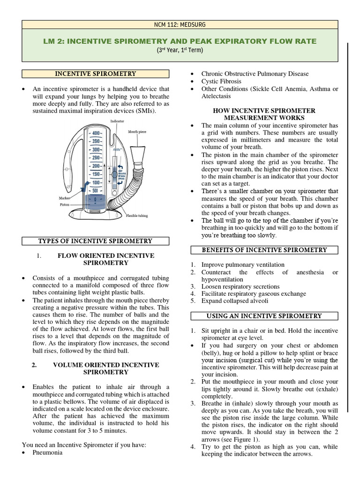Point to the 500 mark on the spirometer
pos(95,191)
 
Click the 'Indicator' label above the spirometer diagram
pos(117,121)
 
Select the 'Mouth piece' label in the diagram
pos(137,132)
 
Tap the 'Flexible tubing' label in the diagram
pos(136,216)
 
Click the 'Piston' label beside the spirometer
pos(65,204)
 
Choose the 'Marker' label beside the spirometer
pos(65,198)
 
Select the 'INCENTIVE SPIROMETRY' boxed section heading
pos(96,74)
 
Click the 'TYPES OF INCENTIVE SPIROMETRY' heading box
pos(95,241)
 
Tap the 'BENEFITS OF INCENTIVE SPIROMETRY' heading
pos(264,250)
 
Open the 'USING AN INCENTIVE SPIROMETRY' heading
pos(264,316)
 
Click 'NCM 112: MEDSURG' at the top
pos(180,25)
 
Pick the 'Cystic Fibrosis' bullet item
pos(221,81)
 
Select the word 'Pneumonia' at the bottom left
pos(47,453)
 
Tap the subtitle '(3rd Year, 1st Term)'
pos(180,50)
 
